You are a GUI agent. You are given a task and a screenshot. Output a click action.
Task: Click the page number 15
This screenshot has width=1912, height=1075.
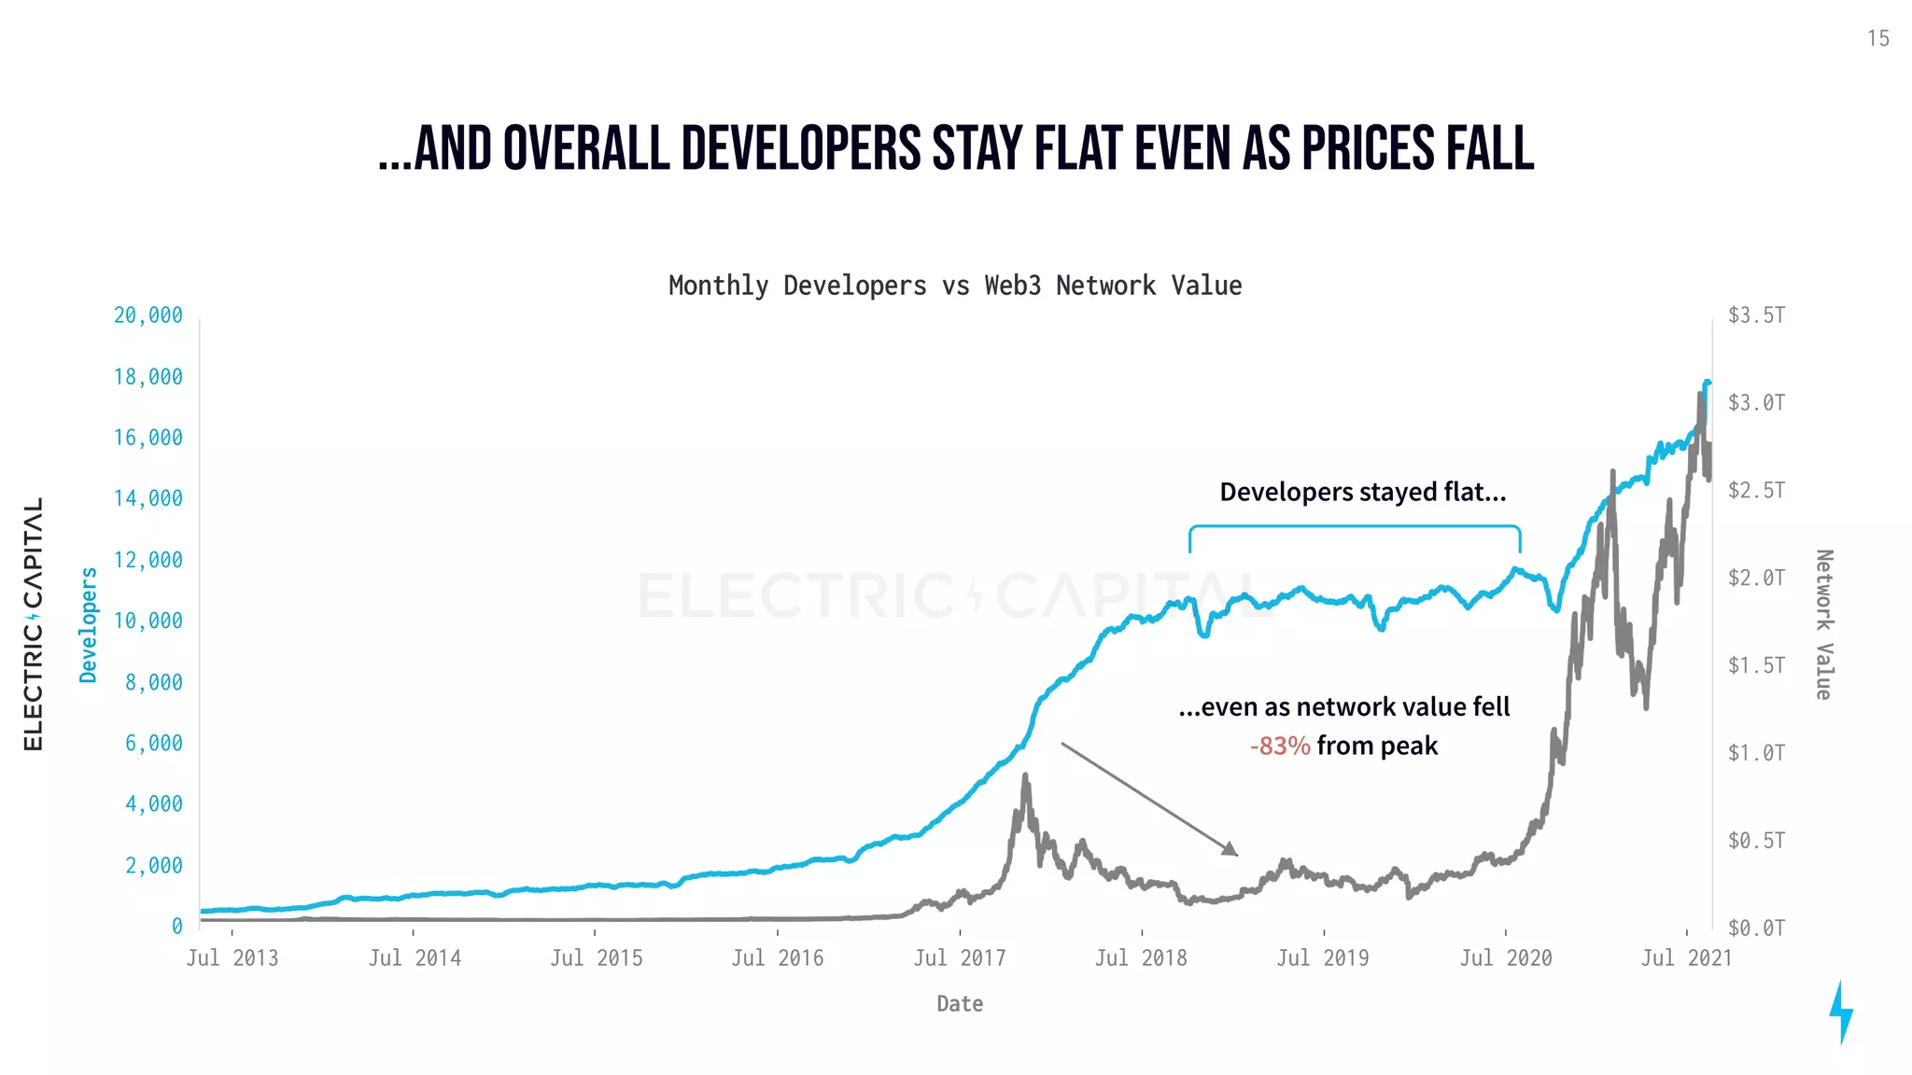(1877, 38)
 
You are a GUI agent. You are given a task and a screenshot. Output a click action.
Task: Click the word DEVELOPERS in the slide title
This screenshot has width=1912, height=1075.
(800, 149)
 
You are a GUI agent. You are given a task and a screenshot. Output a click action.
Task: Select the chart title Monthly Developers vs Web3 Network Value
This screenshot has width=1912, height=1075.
(954, 286)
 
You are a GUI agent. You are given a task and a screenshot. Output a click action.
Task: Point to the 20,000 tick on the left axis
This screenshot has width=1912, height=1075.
(148, 315)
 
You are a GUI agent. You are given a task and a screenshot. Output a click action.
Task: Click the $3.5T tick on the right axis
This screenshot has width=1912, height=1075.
(1755, 315)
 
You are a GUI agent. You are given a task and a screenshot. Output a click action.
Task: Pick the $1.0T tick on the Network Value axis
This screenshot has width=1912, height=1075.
(1755, 753)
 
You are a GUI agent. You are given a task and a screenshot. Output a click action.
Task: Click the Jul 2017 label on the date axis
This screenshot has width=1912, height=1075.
(959, 958)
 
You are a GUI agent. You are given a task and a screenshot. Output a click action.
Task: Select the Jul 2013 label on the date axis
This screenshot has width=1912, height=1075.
(232, 958)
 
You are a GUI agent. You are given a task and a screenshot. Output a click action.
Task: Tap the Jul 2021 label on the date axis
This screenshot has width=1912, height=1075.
(1686, 958)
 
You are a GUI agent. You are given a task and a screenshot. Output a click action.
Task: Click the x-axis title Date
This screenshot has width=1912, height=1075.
(959, 1004)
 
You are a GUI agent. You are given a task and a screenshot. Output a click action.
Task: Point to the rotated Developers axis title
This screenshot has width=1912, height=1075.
(89, 624)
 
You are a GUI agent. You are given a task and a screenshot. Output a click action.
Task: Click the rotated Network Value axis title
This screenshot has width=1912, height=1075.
(1823, 624)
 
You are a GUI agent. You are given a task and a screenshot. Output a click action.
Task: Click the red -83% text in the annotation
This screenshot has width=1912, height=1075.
(1280, 747)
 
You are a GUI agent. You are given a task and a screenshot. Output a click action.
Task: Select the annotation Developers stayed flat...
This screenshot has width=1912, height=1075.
(1362, 492)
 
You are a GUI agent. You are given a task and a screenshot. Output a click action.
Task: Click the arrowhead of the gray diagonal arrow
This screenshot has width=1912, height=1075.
(1231, 849)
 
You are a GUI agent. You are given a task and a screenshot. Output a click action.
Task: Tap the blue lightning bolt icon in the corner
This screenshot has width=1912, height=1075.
(1840, 1012)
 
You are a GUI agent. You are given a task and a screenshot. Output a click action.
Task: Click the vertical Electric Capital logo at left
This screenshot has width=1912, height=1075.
(34, 623)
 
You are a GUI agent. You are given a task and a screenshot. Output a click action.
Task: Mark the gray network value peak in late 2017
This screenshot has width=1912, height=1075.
(1025, 776)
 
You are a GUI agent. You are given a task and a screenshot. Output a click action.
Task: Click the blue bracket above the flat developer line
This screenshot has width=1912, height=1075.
(1354, 527)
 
